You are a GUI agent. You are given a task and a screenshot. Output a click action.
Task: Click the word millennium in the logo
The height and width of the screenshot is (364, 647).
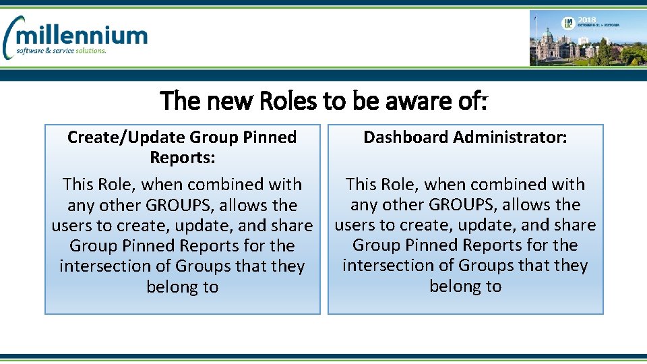84,35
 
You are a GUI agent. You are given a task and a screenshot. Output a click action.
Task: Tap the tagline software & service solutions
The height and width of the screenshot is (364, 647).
61,51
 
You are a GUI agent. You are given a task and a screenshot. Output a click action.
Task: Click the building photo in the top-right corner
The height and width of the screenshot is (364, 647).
587,38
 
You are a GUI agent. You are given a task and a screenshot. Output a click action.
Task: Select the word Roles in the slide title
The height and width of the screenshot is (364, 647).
288,101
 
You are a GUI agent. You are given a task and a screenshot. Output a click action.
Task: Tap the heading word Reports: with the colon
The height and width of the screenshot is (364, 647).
182,158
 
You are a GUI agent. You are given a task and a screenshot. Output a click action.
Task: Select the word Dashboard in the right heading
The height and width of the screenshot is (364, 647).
406,138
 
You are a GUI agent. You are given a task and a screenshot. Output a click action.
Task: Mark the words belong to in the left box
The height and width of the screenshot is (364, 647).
183,287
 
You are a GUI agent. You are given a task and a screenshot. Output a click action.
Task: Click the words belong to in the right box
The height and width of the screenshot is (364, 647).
466,286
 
